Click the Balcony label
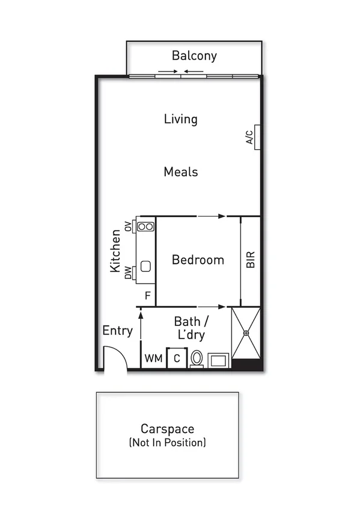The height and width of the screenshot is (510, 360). coord(194,56)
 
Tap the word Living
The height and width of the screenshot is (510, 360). coord(180,119)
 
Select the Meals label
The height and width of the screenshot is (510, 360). coord(181,172)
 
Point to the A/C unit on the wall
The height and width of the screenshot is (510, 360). coord(256,136)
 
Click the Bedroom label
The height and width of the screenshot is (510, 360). coord(198,260)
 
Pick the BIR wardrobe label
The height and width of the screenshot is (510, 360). coord(251,259)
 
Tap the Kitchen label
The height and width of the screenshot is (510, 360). coord(116,251)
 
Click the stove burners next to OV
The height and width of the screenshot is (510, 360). coord(145,227)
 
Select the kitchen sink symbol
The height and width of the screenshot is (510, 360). coord(145,266)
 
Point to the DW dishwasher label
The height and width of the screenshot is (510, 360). coord(128,274)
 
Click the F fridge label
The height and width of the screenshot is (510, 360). coord(147,296)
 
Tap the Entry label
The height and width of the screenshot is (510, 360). coord(117,331)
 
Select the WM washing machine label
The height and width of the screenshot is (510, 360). coord(153,359)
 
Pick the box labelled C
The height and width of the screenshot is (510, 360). coord(177,358)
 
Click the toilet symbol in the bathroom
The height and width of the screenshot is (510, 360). coord(197,359)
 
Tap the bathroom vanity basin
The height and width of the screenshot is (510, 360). coord(218,360)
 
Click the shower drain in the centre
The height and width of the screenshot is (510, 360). coord(246,333)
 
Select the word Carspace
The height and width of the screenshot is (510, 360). coord(167,429)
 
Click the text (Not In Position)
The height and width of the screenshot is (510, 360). coord(167,443)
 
